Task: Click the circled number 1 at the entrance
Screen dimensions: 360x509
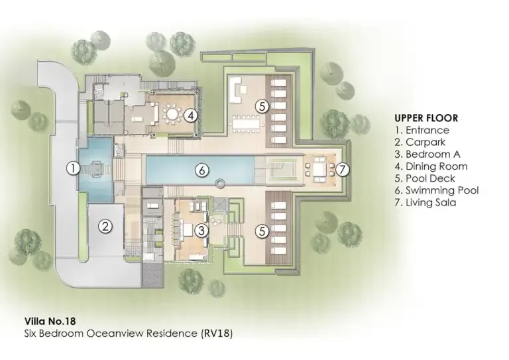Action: pos(73,168)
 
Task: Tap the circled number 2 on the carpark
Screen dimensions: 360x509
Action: pos(105,226)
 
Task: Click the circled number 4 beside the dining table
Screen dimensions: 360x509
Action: pos(190,115)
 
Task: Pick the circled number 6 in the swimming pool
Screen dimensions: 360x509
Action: pos(202,170)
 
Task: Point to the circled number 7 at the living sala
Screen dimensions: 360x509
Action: pos(342,169)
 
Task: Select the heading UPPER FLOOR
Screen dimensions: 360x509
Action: pos(426,118)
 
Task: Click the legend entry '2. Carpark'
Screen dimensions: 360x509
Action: pos(421,143)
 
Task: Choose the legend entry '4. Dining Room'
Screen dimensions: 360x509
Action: pos(431,166)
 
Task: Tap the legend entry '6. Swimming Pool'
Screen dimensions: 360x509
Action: pos(436,190)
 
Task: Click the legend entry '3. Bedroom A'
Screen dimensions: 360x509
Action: pos(427,154)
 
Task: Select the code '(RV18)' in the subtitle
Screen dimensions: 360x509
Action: pos(216,333)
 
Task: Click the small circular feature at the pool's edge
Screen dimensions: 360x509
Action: pos(220,182)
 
